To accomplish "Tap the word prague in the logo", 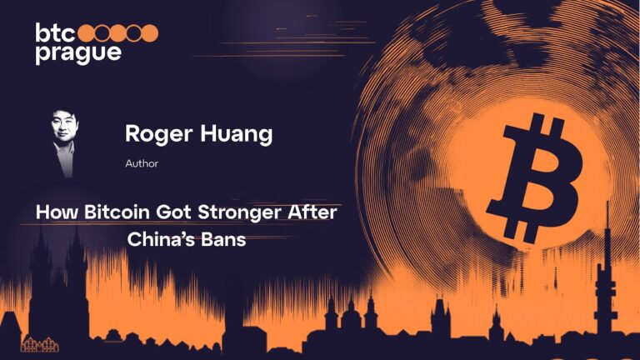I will click(x=77, y=52).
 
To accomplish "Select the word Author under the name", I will click(x=142, y=163).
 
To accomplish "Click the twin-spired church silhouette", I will click(x=58, y=275).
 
